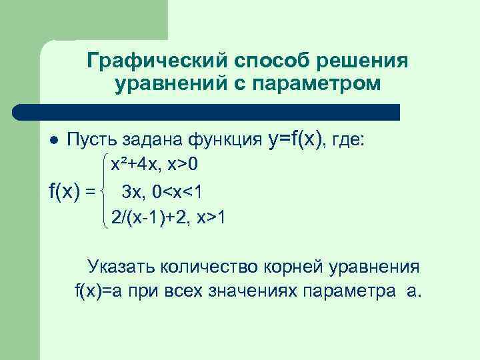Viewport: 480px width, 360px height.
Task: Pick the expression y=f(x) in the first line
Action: (297, 139)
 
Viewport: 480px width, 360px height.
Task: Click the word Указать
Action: (121, 268)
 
